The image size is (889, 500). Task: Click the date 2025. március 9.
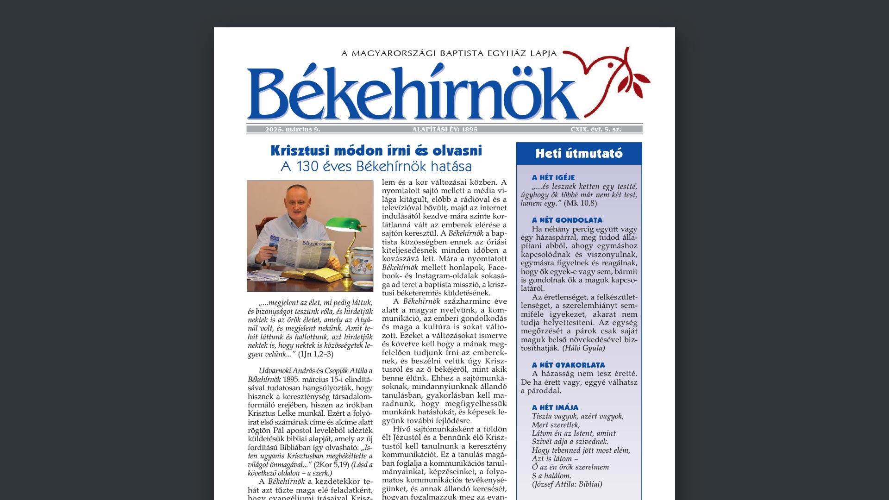point(293,130)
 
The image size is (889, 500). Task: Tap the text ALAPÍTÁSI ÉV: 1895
point(444,130)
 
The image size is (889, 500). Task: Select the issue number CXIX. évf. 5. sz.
point(595,130)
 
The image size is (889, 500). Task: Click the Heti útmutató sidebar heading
point(579,154)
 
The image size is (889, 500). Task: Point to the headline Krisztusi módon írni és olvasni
point(376,151)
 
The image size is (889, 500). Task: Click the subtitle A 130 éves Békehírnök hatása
point(376,167)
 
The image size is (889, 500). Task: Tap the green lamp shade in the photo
point(343,225)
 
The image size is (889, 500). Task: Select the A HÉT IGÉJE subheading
point(553,178)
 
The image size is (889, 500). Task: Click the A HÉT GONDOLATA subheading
point(567,220)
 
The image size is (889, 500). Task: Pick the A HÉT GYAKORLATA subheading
point(568,365)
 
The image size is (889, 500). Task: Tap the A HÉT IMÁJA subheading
point(555,408)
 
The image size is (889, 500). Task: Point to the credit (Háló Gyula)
point(583,348)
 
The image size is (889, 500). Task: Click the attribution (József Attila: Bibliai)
point(567,484)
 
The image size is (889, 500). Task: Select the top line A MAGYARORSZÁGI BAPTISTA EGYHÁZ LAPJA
point(449,54)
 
